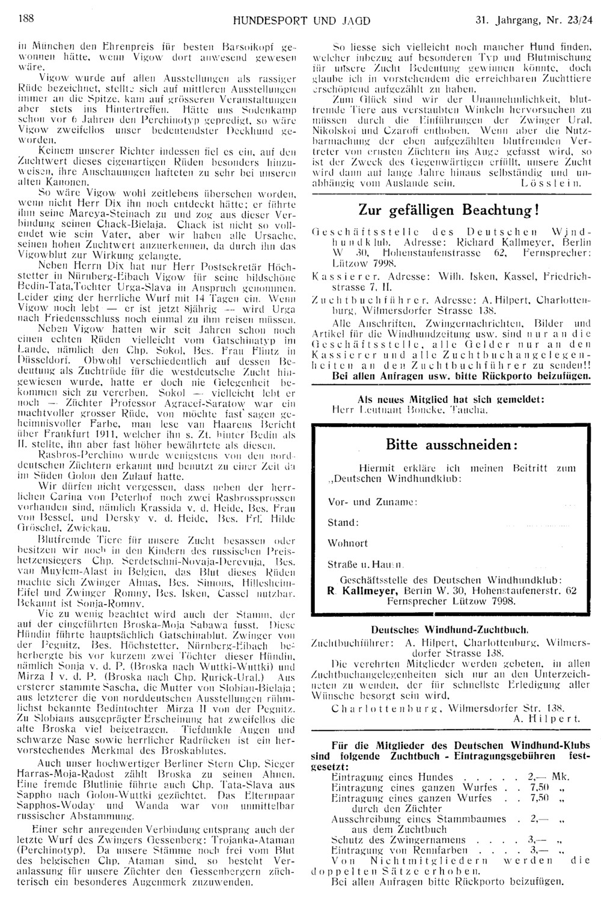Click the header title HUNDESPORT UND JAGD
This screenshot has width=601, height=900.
click(300, 20)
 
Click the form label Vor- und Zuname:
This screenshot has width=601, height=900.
click(364, 501)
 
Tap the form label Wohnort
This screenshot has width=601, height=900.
click(348, 543)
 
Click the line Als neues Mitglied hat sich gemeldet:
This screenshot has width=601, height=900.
click(451, 399)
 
